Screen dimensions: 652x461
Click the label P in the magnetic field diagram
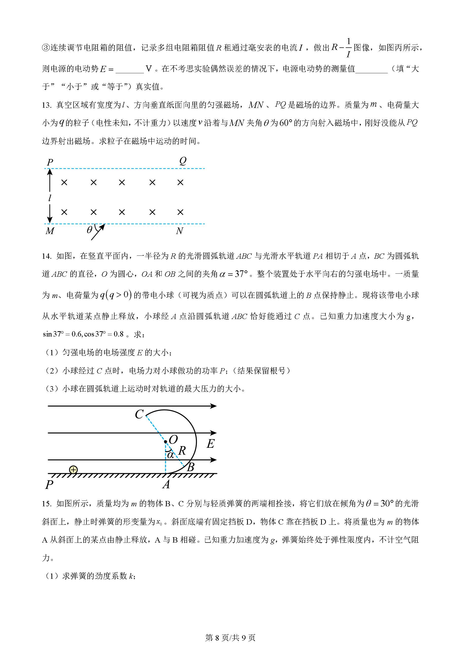tap(50, 162)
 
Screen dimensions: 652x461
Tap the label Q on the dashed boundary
tap(183, 161)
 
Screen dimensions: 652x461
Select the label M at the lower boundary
tap(50, 231)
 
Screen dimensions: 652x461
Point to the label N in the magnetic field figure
tap(179, 231)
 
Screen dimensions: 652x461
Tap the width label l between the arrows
tap(50, 198)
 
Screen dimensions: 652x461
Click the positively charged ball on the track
tap(73, 470)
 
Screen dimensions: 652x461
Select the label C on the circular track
tap(139, 414)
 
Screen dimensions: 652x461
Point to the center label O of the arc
tap(173, 440)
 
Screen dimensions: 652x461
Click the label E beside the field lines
tap(210, 443)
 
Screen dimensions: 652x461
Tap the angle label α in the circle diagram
tap(170, 455)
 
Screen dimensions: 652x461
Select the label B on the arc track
tap(191, 467)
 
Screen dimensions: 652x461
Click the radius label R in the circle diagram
tap(182, 450)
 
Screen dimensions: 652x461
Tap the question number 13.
tap(47, 105)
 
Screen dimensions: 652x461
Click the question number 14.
tap(47, 256)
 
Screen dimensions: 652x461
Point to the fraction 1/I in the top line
tap(348, 48)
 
